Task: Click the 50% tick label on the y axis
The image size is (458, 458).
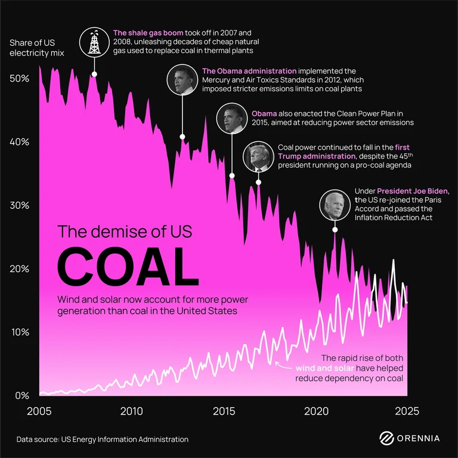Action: [19, 79]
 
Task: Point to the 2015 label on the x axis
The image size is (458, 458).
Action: [224, 411]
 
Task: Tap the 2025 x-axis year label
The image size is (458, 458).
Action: [407, 411]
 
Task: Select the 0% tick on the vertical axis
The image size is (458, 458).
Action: [22, 395]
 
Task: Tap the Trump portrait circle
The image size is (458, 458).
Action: [258, 156]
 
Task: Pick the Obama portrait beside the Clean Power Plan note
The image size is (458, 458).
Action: [231, 117]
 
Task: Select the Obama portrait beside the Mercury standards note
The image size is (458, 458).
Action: [181, 80]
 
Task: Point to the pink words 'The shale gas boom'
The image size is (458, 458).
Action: [148, 32]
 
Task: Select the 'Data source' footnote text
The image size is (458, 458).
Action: [103, 440]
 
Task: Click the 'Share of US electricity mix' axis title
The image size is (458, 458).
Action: [36, 48]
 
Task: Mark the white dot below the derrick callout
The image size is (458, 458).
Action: [94, 74]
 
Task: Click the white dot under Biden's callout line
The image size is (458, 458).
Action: [335, 230]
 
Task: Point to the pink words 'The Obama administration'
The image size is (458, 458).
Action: [249, 71]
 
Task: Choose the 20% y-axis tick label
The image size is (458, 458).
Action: [19, 268]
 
